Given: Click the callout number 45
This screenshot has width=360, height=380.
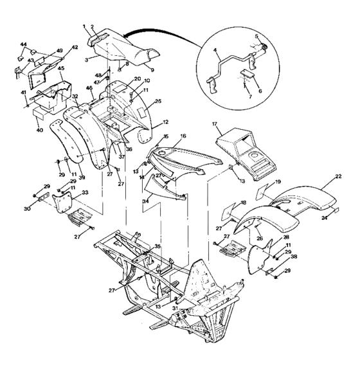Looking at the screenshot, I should click(x=60, y=68).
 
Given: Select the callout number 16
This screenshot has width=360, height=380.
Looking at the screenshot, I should click(x=183, y=137).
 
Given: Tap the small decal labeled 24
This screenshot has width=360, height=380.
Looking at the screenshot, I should click(x=336, y=210).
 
